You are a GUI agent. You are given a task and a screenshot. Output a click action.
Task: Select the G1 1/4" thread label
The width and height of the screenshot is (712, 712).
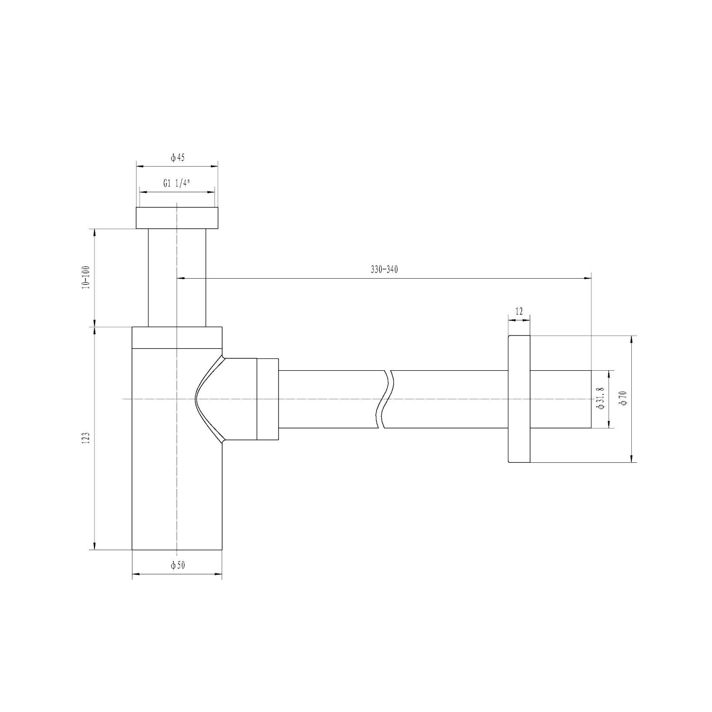[177, 184]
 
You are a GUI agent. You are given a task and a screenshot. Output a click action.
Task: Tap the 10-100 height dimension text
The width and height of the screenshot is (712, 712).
[85, 278]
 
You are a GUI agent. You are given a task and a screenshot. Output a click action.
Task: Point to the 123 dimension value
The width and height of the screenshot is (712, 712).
[85, 438]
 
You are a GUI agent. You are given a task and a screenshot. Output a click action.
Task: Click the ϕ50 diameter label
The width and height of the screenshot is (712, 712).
[177, 565]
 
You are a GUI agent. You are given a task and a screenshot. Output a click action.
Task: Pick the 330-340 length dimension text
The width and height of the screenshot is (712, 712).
[384, 270]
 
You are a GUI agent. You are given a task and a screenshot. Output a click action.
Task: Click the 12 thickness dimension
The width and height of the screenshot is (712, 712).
[518, 311]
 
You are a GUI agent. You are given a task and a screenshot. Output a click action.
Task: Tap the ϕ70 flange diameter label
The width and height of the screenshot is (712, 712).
[624, 398]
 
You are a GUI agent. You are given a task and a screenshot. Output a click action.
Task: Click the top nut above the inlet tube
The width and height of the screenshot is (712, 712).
[177, 218]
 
